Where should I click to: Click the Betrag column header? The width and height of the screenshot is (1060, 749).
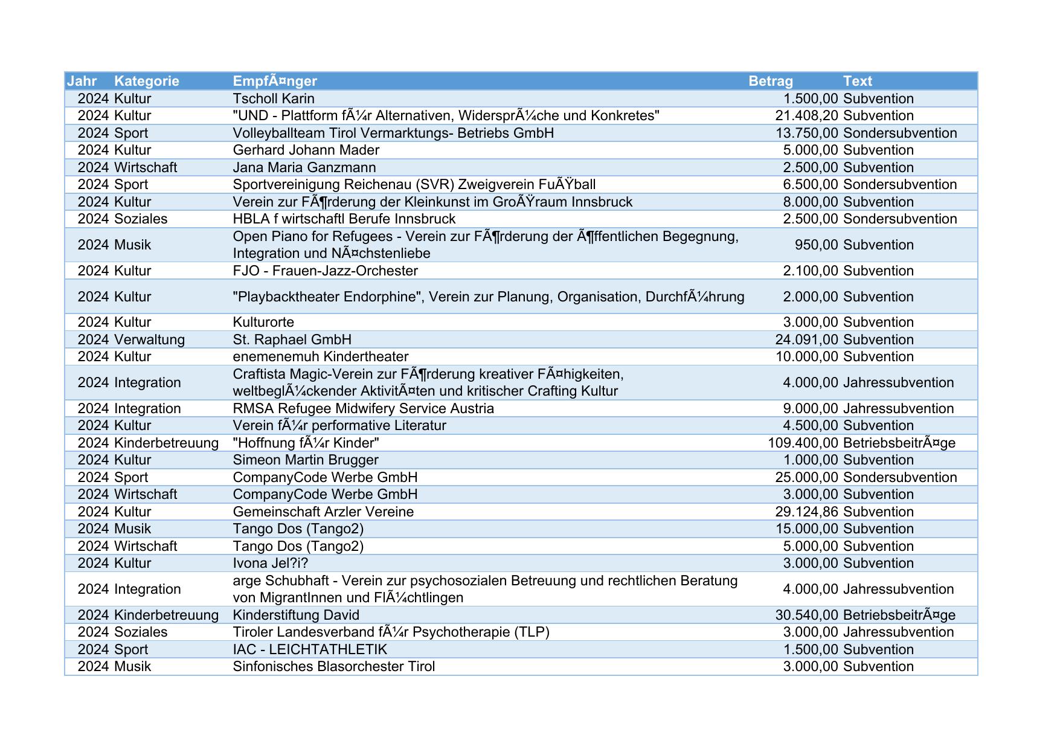click(x=770, y=81)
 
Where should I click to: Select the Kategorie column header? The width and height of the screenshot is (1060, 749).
click(x=146, y=81)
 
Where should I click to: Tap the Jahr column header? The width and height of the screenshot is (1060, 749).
click(x=82, y=81)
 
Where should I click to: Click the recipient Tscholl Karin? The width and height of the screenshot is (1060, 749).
click(x=274, y=98)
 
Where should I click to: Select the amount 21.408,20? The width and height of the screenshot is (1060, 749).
click(x=806, y=115)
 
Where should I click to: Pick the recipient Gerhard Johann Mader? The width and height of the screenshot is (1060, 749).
click(x=306, y=150)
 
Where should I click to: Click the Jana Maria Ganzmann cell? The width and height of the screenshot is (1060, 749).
click(x=304, y=167)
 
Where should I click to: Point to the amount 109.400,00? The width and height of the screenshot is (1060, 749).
click(x=803, y=443)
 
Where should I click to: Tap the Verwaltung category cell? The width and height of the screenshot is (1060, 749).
click(x=149, y=339)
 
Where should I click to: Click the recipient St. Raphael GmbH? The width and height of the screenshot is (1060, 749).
click(x=292, y=339)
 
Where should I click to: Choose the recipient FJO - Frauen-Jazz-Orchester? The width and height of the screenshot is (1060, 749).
click(x=326, y=271)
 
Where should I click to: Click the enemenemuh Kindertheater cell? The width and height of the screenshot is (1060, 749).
click(x=321, y=356)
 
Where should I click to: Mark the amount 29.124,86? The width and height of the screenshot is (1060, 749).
click(x=806, y=512)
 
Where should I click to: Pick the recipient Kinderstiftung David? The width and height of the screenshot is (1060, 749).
click(x=296, y=615)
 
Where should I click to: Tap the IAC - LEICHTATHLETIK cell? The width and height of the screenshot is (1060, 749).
click(x=310, y=649)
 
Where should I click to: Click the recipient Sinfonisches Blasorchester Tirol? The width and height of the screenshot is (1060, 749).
click(x=334, y=666)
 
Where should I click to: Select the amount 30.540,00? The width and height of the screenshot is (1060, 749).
click(x=806, y=615)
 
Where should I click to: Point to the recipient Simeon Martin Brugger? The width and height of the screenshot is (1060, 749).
click(x=306, y=460)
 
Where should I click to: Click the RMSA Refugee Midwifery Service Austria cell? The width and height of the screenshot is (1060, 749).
click(x=364, y=408)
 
